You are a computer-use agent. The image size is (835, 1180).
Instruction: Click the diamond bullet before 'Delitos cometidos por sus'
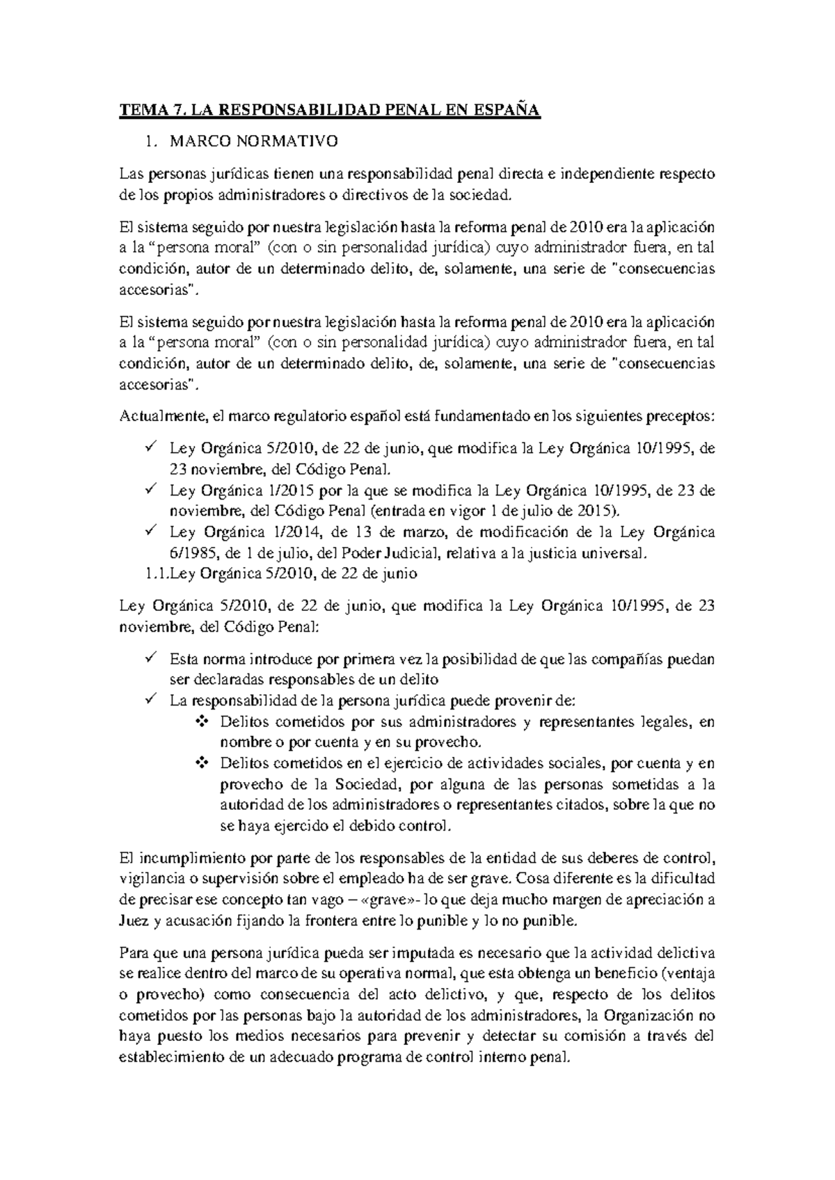(x=202, y=722)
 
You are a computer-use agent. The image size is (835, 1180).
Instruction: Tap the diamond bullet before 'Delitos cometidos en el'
(x=202, y=763)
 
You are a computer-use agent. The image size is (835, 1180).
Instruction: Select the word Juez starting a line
(x=134, y=920)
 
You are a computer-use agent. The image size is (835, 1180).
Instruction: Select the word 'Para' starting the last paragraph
(x=134, y=952)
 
